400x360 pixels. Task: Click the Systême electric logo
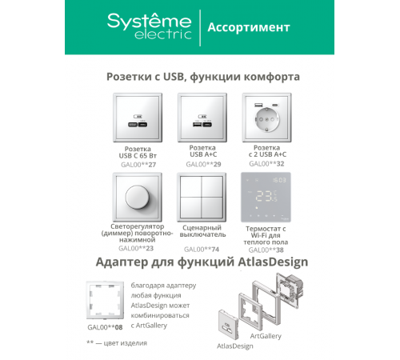pyautogui.click(x=150, y=26)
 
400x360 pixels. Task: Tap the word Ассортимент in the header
pyautogui.click(x=249, y=27)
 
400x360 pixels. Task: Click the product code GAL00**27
pyautogui.click(x=138, y=165)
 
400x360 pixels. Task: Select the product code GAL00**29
pyautogui.click(x=203, y=164)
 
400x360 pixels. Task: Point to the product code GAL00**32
pyautogui.click(x=266, y=163)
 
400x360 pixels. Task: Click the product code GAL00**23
pyautogui.click(x=136, y=248)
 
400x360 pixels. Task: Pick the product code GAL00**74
pyautogui.click(x=202, y=250)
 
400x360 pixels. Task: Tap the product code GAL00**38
pyautogui.click(x=266, y=250)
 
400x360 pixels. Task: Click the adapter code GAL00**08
pyautogui.click(x=105, y=327)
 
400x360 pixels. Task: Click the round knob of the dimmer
pyautogui.click(x=138, y=197)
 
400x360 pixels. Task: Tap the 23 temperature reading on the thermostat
pyautogui.click(x=264, y=196)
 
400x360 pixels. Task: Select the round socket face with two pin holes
pyautogui.click(x=266, y=119)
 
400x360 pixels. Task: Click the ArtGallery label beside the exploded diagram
pyautogui.click(x=266, y=336)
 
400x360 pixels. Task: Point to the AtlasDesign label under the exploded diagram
pyautogui.click(x=235, y=346)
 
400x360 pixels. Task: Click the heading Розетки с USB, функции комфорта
pyautogui.click(x=203, y=77)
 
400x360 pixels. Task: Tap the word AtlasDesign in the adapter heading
pyautogui.click(x=273, y=262)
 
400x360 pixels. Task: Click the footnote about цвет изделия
pyautogui.click(x=117, y=343)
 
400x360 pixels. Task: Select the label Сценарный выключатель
pyautogui.click(x=202, y=231)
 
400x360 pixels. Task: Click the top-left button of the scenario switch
pyautogui.click(x=191, y=186)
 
